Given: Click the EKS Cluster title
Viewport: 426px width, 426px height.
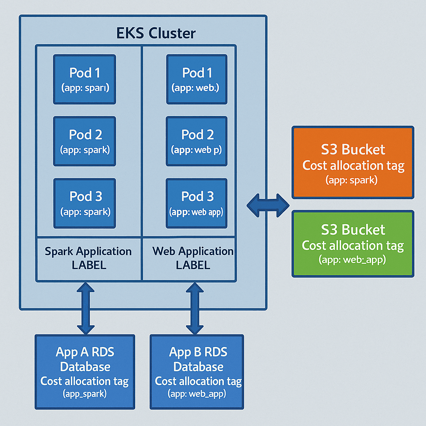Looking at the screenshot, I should click(x=156, y=33).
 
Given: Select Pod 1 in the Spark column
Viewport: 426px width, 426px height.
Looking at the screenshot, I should click(x=84, y=79).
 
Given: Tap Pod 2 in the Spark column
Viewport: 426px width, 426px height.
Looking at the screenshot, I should click(x=84, y=141).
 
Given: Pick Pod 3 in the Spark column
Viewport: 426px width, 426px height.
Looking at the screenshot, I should click(x=84, y=203).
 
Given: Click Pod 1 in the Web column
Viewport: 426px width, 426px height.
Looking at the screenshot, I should click(x=197, y=79).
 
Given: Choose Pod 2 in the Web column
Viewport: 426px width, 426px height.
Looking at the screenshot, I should click(x=197, y=141).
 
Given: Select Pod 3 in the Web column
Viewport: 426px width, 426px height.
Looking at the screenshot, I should click(x=197, y=203).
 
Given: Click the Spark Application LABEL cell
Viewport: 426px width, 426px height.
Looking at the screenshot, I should click(x=88, y=258).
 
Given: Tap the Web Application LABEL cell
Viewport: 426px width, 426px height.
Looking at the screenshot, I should click(x=193, y=258).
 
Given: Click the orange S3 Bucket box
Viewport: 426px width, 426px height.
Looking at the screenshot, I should click(x=353, y=162).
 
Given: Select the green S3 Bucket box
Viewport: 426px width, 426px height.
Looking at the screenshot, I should click(x=353, y=243).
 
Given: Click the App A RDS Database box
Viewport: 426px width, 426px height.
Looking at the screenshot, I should click(x=85, y=372).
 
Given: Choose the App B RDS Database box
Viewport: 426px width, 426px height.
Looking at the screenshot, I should click(x=197, y=372).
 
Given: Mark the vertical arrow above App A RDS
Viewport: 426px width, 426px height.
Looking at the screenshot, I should click(x=85, y=308).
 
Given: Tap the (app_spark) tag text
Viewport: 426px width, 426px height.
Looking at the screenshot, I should click(x=85, y=394).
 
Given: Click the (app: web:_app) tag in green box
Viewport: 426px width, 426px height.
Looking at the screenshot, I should click(x=353, y=260).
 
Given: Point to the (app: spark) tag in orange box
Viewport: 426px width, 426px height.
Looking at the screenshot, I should click(x=353, y=181).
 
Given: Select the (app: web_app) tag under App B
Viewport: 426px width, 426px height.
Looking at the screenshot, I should click(x=197, y=394).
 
